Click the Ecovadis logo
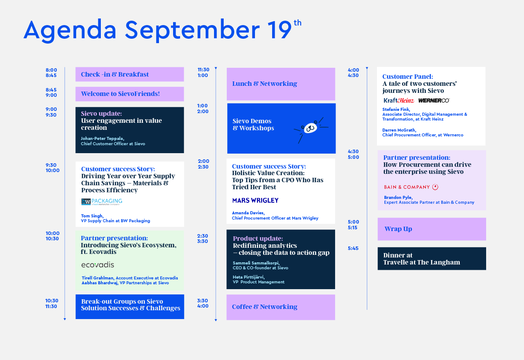click(x=98, y=265)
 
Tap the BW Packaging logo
click(x=102, y=202)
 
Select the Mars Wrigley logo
click(x=255, y=200)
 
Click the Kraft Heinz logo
click(x=399, y=100)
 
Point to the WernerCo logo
click(x=434, y=100)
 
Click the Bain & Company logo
click(x=411, y=187)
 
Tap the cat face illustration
click(x=311, y=129)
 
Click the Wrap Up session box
click(x=432, y=229)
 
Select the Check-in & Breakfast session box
click(x=129, y=74)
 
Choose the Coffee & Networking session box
click(x=281, y=307)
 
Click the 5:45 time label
click(x=353, y=248)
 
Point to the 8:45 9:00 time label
click(x=51, y=92)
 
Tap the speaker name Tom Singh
click(x=92, y=216)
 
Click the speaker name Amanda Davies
click(x=248, y=213)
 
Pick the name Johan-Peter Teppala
click(x=103, y=138)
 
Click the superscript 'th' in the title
click(x=297, y=23)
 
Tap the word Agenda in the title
click(x=70, y=30)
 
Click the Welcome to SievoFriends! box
click(x=129, y=94)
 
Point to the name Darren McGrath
click(x=399, y=130)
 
